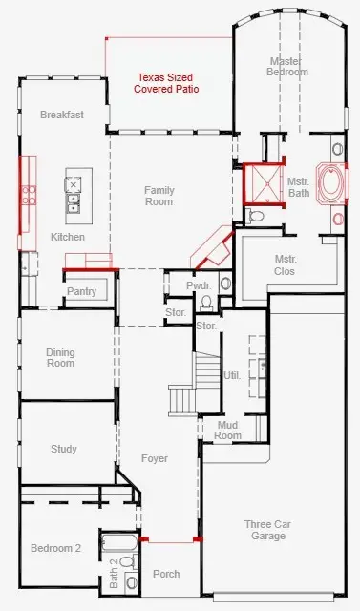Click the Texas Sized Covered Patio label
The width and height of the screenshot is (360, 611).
click(x=166, y=83)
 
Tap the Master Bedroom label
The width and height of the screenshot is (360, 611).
click(x=287, y=66)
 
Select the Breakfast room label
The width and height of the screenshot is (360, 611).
click(x=62, y=115)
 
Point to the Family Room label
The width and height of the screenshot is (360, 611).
click(x=159, y=196)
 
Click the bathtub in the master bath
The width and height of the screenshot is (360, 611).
click(x=330, y=183)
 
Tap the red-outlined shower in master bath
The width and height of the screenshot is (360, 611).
click(x=264, y=184)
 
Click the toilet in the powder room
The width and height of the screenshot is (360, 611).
click(x=206, y=302)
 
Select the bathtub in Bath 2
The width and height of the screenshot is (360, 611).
click(x=119, y=542)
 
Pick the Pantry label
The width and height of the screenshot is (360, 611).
click(x=81, y=291)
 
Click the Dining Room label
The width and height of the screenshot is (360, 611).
click(x=60, y=358)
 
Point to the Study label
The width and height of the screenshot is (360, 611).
click(x=64, y=449)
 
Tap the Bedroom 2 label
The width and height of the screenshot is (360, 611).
click(x=55, y=548)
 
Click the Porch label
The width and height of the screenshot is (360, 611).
click(x=166, y=574)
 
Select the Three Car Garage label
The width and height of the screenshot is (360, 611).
click(x=268, y=530)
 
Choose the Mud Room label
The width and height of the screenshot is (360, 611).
click(x=228, y=431)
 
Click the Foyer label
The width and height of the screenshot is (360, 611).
click(x=155, y=458)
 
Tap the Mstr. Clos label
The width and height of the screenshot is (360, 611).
click(x=286, y=265)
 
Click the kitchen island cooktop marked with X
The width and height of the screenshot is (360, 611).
click(x=73, y=184)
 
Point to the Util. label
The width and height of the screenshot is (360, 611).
click(x=232, y=375)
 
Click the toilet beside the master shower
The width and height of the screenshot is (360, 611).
click(x=256, y=215)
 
